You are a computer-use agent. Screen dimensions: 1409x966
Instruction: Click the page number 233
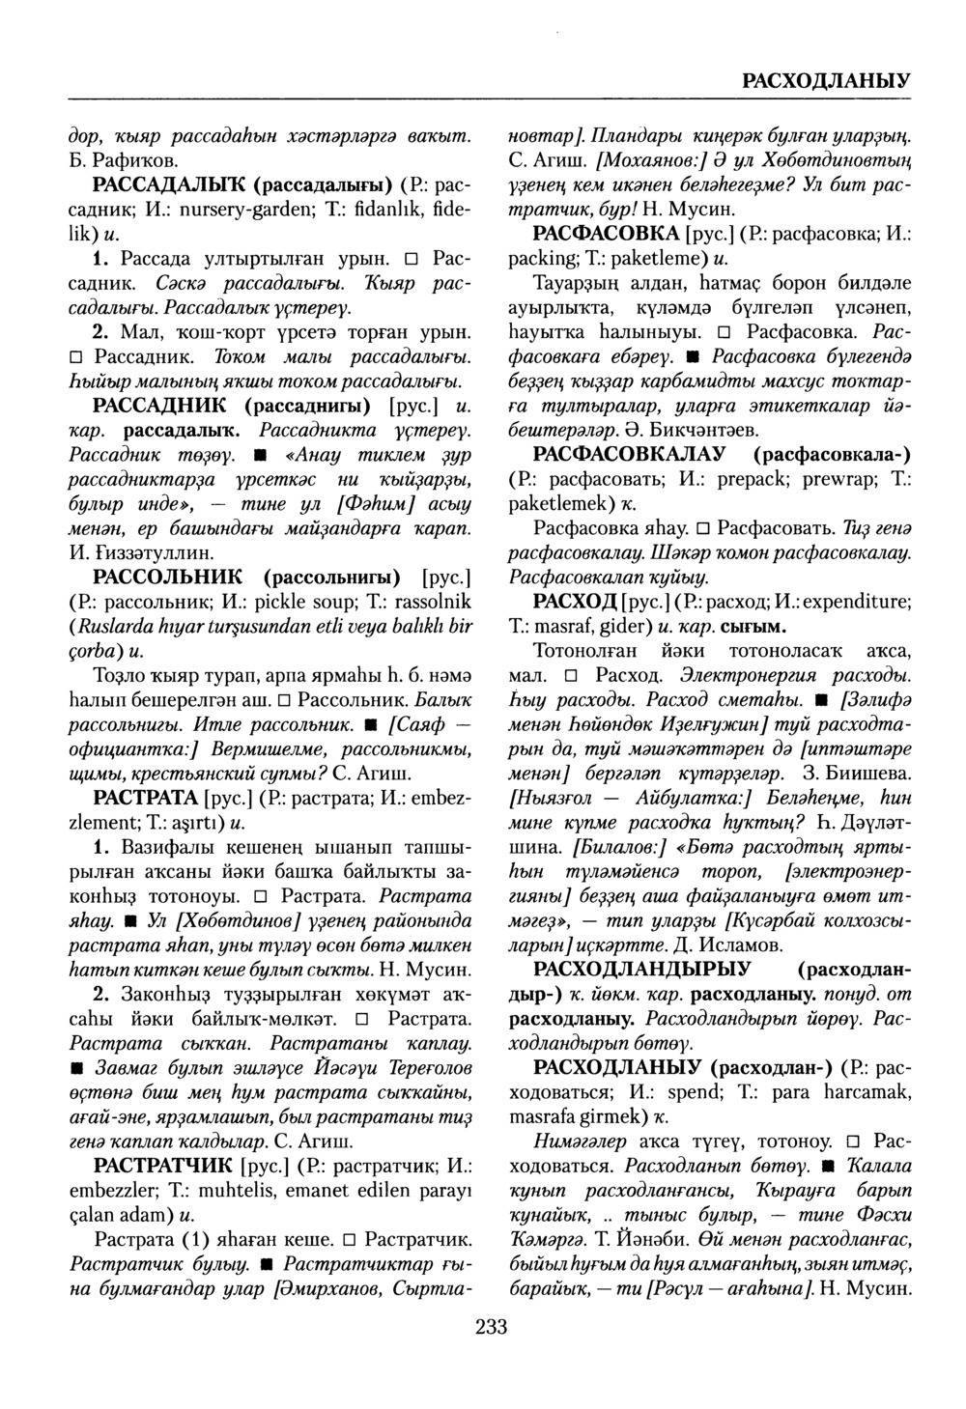(x=491, y=1326)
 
